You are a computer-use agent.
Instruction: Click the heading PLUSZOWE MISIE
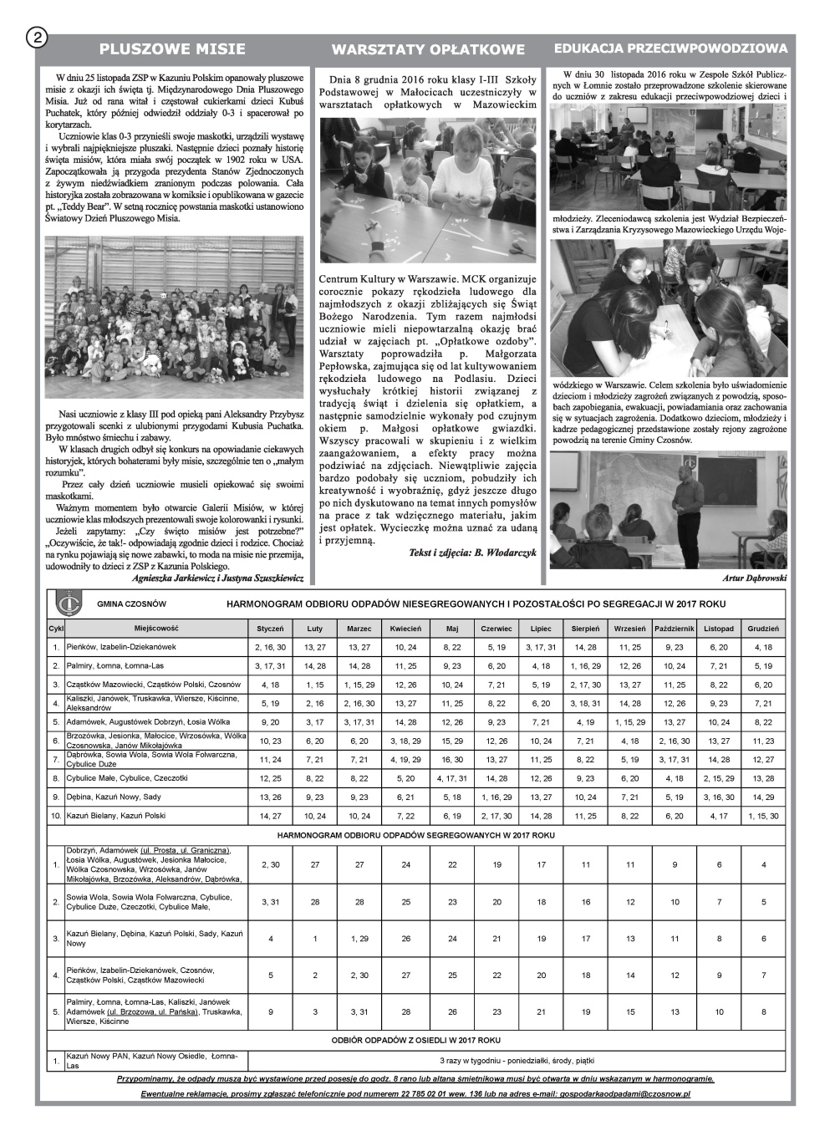172,49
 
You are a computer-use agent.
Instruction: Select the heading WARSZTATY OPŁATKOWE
428,49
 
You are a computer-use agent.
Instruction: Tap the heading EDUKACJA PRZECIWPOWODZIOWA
671,49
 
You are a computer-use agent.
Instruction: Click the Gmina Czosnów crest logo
62,604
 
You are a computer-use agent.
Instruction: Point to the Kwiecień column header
405,629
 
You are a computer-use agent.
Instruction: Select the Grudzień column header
763,629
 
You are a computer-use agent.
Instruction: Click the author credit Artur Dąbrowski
754,578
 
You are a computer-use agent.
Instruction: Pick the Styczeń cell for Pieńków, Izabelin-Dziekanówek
270,647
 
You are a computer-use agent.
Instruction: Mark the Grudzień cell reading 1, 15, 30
763,816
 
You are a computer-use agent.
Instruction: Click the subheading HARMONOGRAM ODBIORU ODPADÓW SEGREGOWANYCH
415,834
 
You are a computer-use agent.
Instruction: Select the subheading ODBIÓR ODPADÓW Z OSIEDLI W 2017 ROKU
415,1041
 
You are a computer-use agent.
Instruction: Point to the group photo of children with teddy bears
174,318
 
